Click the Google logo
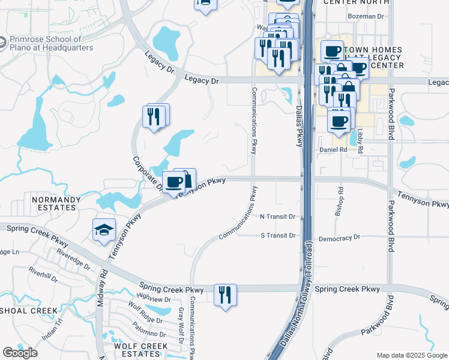pos(20,353)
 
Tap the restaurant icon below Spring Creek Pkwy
pos(225,295)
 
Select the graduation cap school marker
pos(104,230)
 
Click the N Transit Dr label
pos(278,216)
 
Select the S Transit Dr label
pos(278,235)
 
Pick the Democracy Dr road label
pos(339,238)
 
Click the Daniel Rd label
pos(334,149)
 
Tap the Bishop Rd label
pos(340,201)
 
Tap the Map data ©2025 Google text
pos(412,355)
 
